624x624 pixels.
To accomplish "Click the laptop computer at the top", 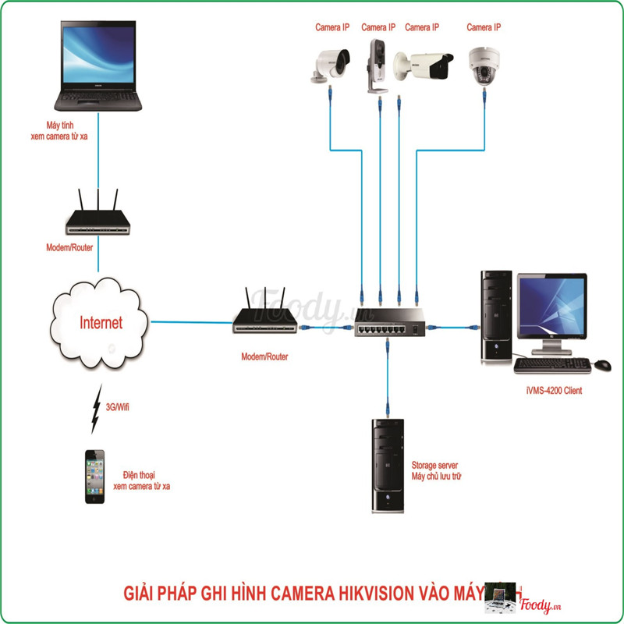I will [98, 66].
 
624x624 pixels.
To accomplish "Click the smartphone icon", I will [95, 476].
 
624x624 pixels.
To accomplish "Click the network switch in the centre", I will [387, 328].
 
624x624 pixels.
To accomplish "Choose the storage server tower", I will [388, 466].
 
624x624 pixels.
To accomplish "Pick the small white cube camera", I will [376, 64].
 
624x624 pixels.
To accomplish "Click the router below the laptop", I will [98, 218].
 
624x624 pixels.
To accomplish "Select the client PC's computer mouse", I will [603, 364].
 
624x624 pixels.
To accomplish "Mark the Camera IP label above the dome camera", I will [484, 27].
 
